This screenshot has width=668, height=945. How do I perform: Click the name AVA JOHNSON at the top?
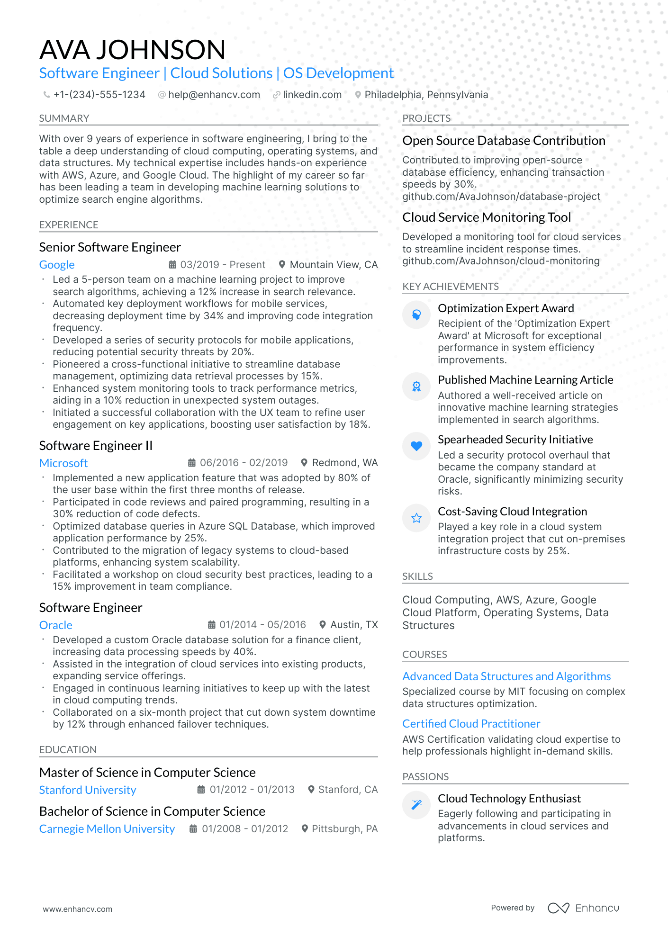[x=132, y=50]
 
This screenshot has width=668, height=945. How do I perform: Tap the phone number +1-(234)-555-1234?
[x=99, y=95]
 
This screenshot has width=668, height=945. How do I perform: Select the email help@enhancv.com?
[x=214, y=95]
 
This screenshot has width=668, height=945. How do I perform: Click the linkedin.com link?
[x=312, y=95]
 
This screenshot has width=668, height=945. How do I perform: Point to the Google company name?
[x=57, y=265]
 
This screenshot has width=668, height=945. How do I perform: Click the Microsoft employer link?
[x=63, y=463]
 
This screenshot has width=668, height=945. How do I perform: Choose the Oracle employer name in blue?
[x=56, y=625]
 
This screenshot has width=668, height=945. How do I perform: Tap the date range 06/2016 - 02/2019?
[x=244, y=463]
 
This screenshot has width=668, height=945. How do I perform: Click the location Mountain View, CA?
[x=334, y=265]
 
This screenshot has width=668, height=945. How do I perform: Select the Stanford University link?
[x=88, y=790]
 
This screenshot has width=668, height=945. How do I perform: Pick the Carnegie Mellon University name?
[x=107, y=829]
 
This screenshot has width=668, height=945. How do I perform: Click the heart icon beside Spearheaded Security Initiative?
[x=416, y=446]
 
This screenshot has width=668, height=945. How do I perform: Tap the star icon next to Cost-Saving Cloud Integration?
[x=416, y=518]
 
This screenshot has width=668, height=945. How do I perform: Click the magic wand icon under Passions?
[x=416, y=804]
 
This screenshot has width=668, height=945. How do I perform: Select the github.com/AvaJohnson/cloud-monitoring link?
[x=501, y=261]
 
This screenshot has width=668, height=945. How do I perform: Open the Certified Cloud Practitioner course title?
[x=471, y=724]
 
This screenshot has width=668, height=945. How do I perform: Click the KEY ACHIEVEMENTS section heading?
[x=450, y=287]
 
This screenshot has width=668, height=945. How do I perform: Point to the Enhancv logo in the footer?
[x=584, y=908]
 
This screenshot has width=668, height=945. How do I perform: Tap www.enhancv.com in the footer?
[x=78, y=909]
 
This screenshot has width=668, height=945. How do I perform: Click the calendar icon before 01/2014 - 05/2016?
[x=212, y=625]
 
